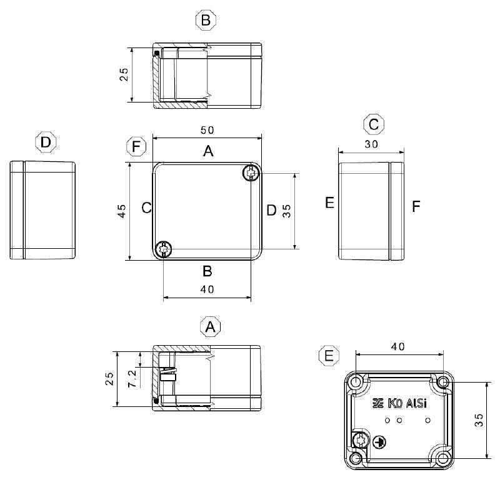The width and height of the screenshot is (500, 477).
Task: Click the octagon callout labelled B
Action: click(x=206, y=21)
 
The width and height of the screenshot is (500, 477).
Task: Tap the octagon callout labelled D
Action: click(x=46, y=143)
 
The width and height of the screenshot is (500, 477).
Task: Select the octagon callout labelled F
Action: click(x=136, y=148)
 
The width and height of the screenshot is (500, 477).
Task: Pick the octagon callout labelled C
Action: click(x=373, y=124)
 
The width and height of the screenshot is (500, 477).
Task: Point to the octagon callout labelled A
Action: click(x=211, y=327)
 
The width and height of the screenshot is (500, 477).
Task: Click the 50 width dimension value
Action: click(x=207, y=130)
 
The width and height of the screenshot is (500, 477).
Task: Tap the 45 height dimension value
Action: click(x=122, y=211)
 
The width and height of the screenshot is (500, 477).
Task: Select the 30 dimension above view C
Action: click(x=371, y=143)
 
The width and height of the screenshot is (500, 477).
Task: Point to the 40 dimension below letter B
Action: click(x=207, y=289)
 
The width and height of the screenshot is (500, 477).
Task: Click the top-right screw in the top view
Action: click(x=251, y=174)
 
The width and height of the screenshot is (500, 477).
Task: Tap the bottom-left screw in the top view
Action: click(x=164, y=249)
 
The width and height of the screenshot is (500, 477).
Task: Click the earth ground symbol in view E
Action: click(x=378, y=442)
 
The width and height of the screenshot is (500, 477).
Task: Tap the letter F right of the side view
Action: click(x=416, y=206)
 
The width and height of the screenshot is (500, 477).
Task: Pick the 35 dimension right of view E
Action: click(x=478, y=419)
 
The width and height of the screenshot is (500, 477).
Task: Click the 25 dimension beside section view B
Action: click(x=124, y=74)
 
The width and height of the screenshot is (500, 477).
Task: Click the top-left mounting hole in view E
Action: click(x=356, y=381)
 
